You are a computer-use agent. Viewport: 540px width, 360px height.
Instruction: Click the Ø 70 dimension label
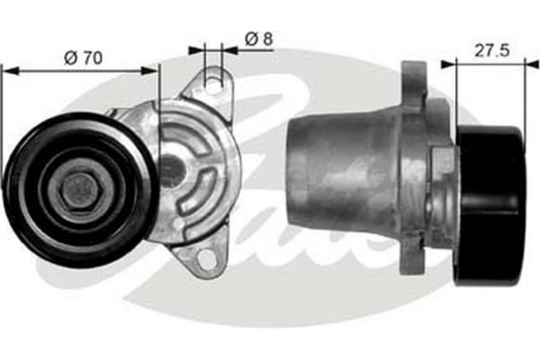click(x=83, y=57)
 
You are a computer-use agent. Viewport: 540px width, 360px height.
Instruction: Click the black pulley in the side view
click(x=490, y=205)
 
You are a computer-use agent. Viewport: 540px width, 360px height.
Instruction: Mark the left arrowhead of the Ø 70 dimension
click(x=7, y=67)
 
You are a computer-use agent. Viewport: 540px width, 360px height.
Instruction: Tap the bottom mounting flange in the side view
click(x=415, y=261)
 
